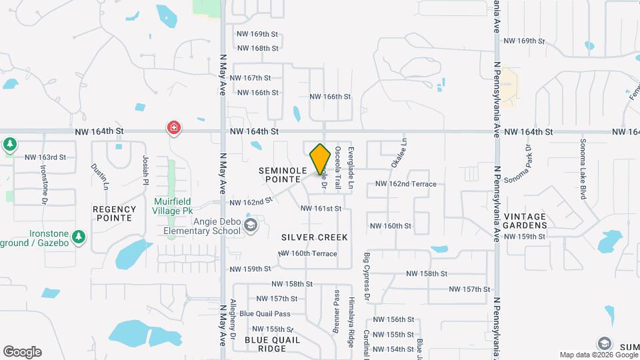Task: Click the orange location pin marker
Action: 321,159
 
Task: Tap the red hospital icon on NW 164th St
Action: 174,127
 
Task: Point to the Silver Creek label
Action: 315,237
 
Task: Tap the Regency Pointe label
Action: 115,213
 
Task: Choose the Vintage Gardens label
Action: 525,221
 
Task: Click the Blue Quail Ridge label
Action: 272,344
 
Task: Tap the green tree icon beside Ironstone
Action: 79,236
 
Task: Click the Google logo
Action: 22,352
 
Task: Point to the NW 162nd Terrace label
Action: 405,184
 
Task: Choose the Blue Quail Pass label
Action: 265,314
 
